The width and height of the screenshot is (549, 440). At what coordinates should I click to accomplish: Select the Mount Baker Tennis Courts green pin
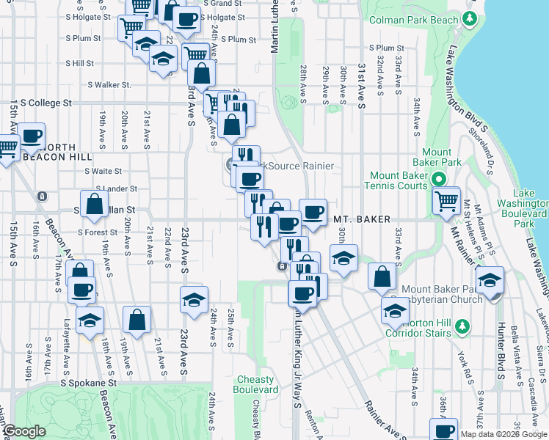pos(439,178)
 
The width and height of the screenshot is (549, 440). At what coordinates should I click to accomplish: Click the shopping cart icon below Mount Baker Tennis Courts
pos(446,199)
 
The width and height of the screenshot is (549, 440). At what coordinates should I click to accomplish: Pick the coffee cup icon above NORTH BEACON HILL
pos(32,136)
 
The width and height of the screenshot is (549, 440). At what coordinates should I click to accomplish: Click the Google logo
pos(25,432)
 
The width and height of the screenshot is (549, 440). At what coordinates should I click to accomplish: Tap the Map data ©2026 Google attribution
pos(503,434)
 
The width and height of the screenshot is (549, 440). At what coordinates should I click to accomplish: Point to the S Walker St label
pos(107,85)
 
